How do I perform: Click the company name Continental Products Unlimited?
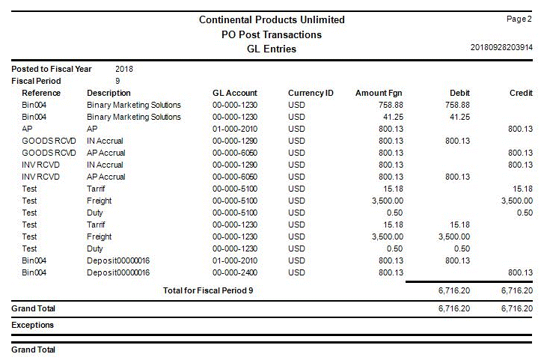tap(272, 19)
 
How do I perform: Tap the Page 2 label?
tap(519, 18)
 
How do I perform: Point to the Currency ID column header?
tap(311, 93)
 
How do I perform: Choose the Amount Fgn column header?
tap(379, 93)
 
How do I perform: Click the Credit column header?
tap(521, 93)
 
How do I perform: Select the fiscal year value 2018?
tap(124, 69)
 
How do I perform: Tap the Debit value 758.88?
tap(456, 105)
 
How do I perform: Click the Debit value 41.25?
tap(459, 117)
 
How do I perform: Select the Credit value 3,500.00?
tap(516, 201)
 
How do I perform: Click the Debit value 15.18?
tap(459, 225)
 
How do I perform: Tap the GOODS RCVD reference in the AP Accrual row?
tap(49, 153)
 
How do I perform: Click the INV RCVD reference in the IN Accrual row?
tap(41, 165)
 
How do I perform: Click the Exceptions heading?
tap(33, 326)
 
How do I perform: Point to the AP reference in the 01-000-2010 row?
tap(28, 129)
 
